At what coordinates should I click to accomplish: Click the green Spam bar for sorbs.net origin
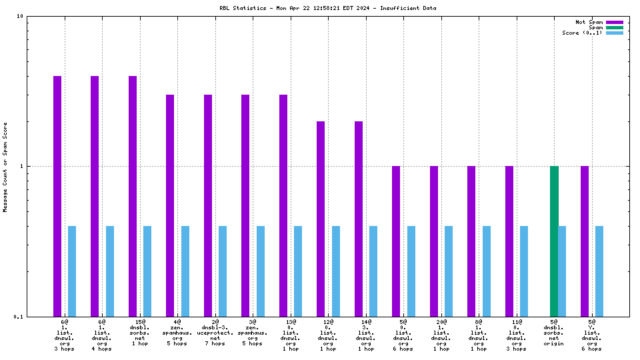coord(554,241)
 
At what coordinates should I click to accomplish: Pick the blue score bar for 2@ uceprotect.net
coord(223,271)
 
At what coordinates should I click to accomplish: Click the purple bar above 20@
coord(434,241)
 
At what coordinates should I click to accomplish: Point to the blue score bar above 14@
coord(373,271)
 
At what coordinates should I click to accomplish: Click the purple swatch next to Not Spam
coord(614,22)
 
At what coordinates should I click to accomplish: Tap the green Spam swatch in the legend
coord(614,27)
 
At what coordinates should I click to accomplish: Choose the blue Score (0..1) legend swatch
coord(614,33)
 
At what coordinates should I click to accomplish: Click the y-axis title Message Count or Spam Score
coord(5,167)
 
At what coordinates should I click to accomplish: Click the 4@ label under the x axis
coord(177,322)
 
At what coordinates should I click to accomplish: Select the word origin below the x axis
coord(554,343)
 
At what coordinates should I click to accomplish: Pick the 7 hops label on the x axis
coord(215,343)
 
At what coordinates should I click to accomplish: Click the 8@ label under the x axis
coord(479,322)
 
